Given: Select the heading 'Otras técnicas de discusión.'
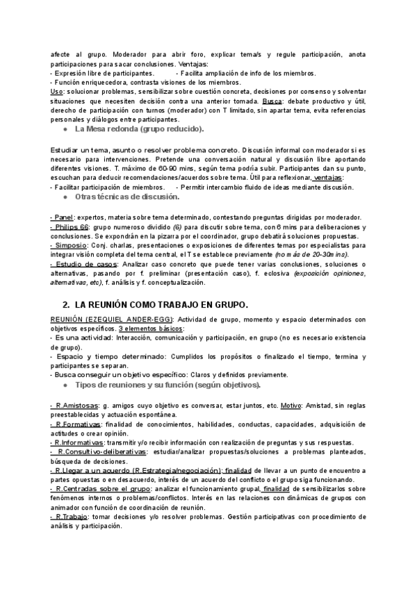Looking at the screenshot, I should [131, 197].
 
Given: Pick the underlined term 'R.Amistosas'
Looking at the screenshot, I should [75, 406].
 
